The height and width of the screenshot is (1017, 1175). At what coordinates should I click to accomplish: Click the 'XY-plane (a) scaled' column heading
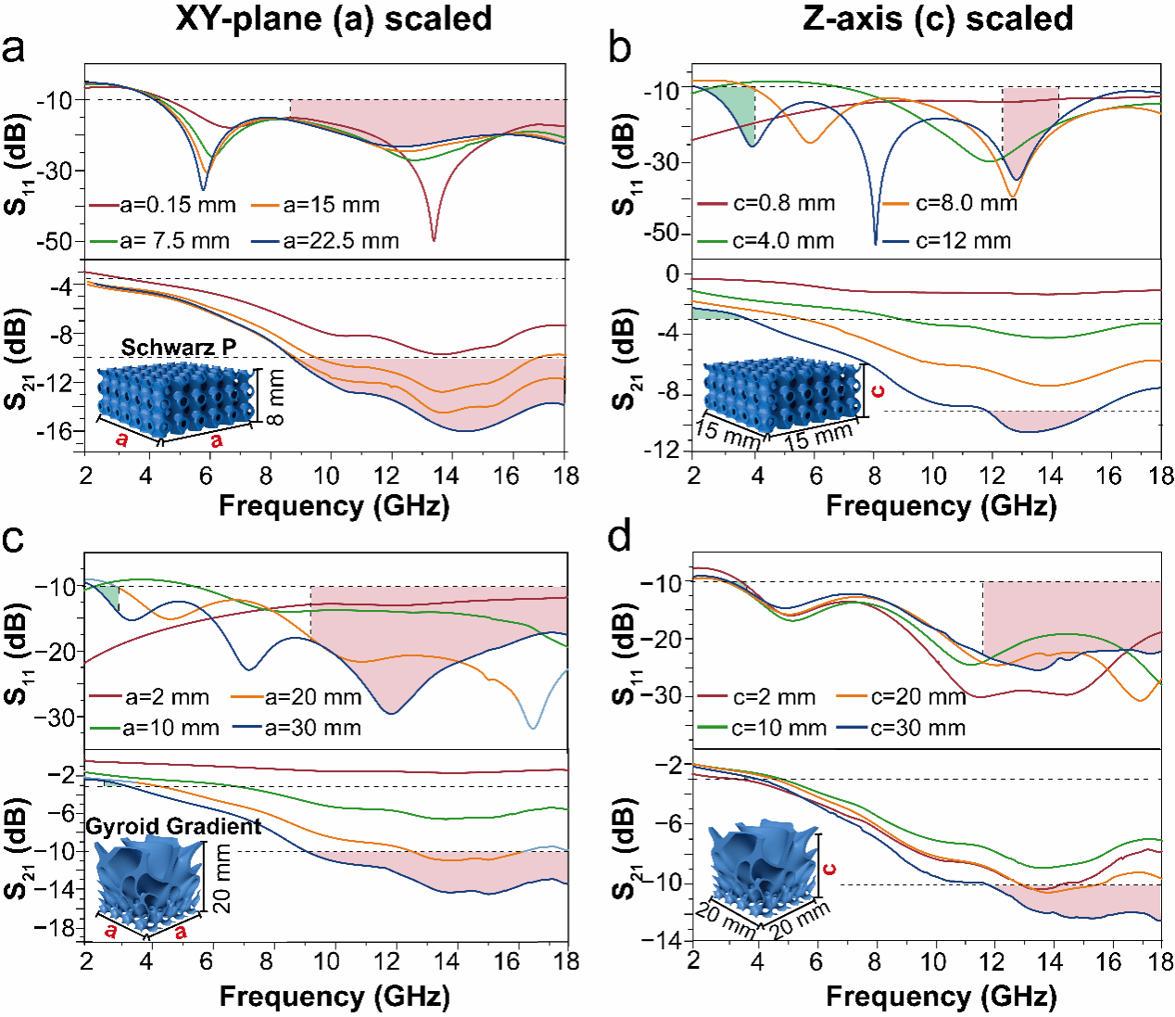[x=334, y=19]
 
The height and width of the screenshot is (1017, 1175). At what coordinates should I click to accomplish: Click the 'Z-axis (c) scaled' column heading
[x=938, y=19]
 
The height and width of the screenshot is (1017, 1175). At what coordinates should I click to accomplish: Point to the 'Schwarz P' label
[x=179, y=347]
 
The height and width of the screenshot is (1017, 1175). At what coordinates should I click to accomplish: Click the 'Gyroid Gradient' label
[x=173, y=826]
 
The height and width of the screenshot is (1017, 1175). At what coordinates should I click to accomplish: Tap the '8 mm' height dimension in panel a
[x=275, y=397]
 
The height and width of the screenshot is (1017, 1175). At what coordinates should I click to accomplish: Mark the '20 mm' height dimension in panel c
[x=222, y=878]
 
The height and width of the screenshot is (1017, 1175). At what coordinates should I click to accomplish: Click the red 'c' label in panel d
[x=829, y=869]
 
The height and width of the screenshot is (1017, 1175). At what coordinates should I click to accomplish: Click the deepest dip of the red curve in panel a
[x=434, y=240]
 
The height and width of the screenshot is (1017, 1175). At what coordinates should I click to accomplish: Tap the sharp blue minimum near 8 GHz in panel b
[x=876, y=243]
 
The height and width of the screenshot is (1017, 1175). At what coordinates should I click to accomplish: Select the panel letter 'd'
[x=619, y=537]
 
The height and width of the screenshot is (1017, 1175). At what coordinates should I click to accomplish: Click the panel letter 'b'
[x=620, y=47]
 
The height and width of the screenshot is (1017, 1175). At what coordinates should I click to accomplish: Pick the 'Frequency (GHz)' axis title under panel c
[x=335, y=997]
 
